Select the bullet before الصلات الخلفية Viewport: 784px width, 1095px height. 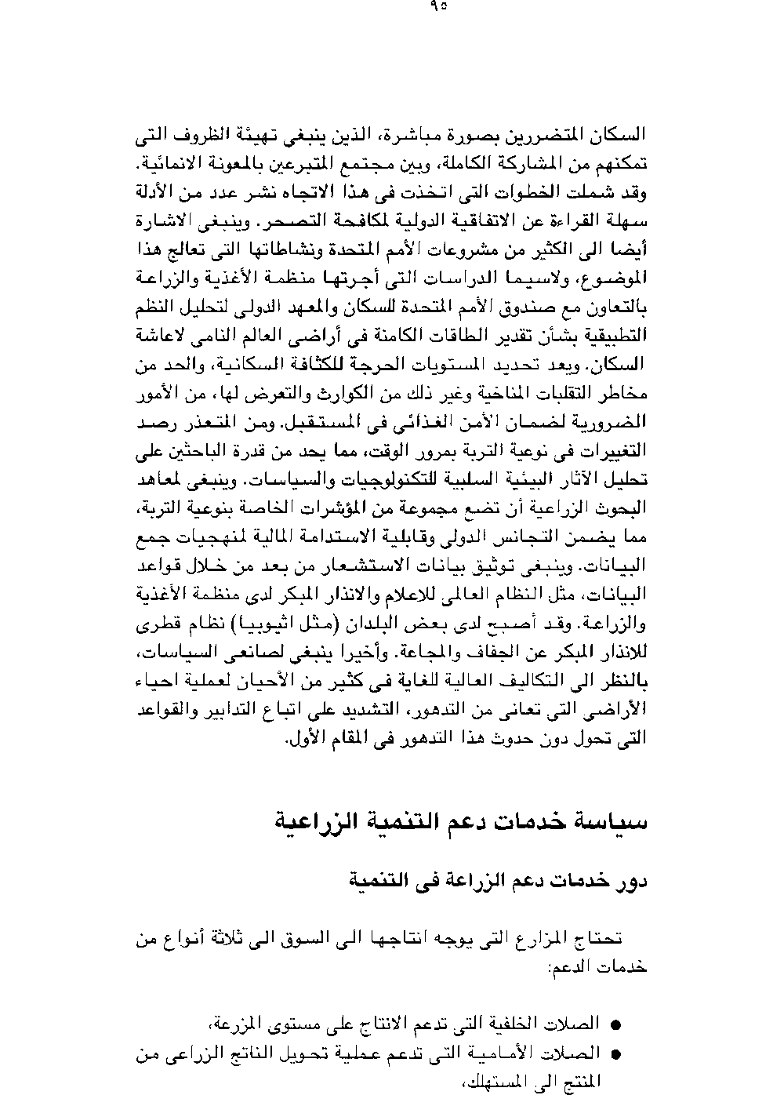pyautogui.click(x=615, y=1024)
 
